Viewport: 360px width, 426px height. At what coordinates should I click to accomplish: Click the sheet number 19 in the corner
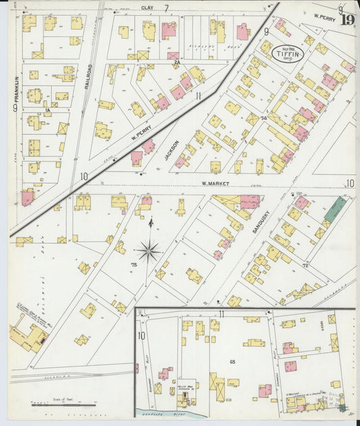(346, 18)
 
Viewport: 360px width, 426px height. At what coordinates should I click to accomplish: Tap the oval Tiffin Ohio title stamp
(284, 52)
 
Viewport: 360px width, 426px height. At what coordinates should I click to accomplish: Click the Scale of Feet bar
(63, 404)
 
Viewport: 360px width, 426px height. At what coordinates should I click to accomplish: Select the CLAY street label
(148, 7)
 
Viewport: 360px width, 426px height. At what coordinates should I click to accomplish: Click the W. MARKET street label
(215, 184)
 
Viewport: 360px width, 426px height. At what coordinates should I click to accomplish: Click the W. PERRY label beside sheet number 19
(325, 14)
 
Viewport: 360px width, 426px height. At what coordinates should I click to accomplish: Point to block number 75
(134, 265)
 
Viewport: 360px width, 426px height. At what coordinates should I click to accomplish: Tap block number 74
(263, 118)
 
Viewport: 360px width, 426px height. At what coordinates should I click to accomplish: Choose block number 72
(305, 265)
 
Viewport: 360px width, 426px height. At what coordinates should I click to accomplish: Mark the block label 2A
(176, 62)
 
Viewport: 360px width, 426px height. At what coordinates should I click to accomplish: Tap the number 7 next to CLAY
(165, 7)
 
